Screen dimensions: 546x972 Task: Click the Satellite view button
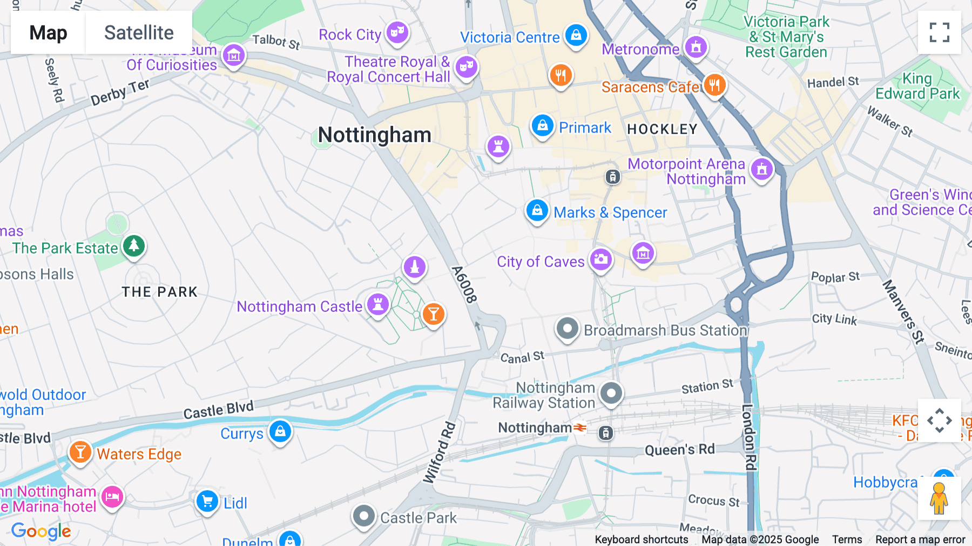coord(139,33)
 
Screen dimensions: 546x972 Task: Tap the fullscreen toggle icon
coord(939,32)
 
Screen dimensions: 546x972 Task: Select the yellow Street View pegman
coord(939,498)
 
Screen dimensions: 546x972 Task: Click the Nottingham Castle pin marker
coord(378,304)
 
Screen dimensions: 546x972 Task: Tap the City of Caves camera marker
coord(600,259)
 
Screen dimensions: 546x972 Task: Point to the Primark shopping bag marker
coord(542,126)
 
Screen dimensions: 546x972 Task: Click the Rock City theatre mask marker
coord(397,32)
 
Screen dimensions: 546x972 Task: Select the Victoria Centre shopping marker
coord(576,35)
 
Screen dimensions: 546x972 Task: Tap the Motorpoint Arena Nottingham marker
coord(761,169)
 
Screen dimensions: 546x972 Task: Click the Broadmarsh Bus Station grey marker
coord(567,328)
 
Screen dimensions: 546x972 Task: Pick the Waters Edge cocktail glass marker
coord(80,452)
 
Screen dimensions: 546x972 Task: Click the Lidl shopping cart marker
coord(207,501)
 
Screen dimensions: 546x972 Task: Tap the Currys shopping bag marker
coord(280,431)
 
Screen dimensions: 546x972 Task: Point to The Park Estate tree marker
coord(133,247)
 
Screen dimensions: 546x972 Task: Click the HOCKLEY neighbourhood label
coord(662,129)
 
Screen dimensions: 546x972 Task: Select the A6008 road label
coord(464,284)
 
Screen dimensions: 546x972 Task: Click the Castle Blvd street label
coord(218,410)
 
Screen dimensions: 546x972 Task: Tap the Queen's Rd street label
coord(679,450)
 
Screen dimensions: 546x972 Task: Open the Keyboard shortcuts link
coord(641,540)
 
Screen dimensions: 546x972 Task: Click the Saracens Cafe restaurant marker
coord(714,85)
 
